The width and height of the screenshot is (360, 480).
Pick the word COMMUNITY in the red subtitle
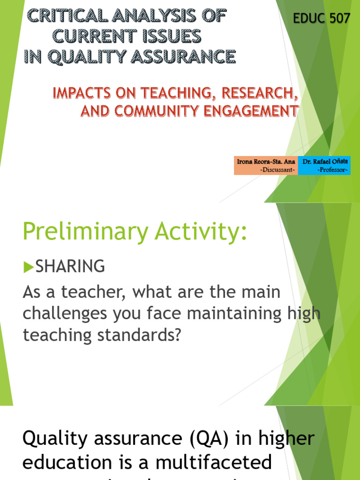pyautogui.click(x=164, y=111)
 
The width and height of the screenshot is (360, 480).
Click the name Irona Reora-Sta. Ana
pyautogui.click(x=266, y=161)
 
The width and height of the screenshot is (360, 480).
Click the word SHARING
pyautogui.click(x=70, y=267)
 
